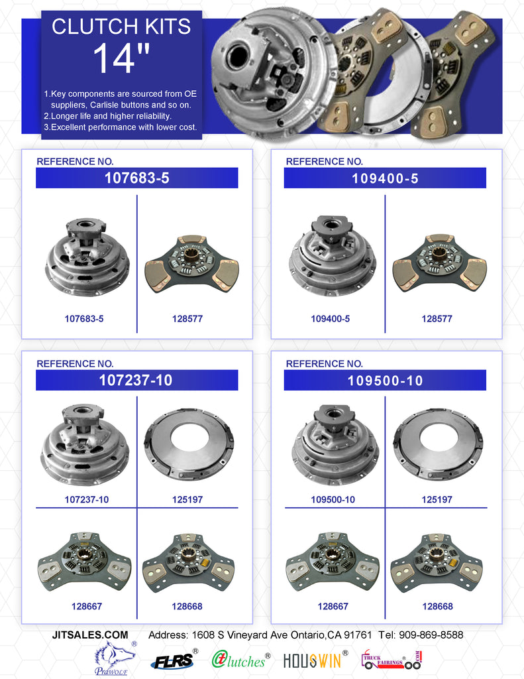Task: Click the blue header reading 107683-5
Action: point(137,178)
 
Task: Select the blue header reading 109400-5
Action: point(385,178)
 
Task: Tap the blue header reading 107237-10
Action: point(137,380)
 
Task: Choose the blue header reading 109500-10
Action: point(385,380)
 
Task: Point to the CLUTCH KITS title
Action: point(121,26)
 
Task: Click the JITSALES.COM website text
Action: point(90,635)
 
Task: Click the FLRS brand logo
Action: point(172,660)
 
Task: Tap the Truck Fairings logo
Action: point(391,658)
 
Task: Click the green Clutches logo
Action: point(240,659)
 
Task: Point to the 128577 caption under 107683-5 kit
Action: point(187,319)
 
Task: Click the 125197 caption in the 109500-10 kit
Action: point(437,499)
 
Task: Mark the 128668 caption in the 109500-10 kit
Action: point(437,606)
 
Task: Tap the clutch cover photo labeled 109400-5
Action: point(333,255)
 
